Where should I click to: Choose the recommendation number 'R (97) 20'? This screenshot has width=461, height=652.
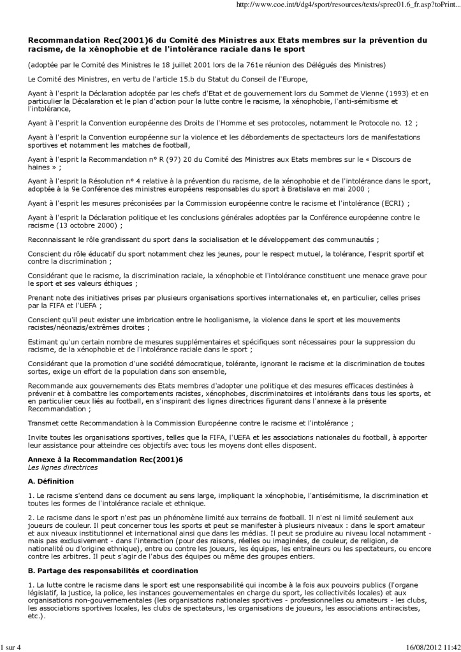(192, 159)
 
